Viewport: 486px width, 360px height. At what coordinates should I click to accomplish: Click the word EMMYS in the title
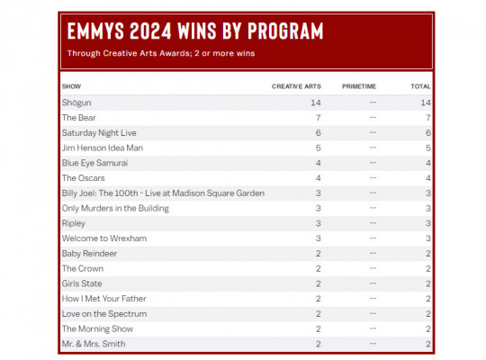(x=95, y=31)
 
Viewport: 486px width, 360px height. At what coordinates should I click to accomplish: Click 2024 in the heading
(x=150, y=31)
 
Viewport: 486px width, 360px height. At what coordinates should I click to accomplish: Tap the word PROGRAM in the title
(x=285, y=31)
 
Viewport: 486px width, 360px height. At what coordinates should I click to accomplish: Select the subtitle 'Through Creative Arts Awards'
(x=129, y=53)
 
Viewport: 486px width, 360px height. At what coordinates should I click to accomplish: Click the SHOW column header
(x=71, y=86)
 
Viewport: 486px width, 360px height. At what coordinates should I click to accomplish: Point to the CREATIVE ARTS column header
(x=296, y=86)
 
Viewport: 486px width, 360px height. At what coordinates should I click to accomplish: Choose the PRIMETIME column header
(x=359, y=86)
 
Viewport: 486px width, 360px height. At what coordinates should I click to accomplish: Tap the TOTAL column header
(x=420, y=86)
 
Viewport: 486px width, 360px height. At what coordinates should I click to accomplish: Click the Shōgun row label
(x=76, y=103)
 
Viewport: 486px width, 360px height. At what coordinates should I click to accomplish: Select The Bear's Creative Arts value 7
(x=318, y=118)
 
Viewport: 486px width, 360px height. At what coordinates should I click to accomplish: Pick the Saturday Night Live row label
(x=99, y=133)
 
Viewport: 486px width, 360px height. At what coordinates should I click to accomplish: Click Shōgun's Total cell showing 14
(x=426, y=103)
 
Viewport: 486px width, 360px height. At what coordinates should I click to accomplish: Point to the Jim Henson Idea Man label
(x=103, y=148)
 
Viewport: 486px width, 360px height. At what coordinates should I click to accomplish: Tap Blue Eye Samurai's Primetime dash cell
(x=373, y=163)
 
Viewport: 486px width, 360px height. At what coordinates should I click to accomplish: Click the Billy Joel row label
(x=163, y=193)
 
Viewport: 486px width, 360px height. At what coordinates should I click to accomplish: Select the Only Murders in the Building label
(x=115, y=209)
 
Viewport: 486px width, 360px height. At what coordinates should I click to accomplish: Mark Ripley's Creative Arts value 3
(x=318, y=223)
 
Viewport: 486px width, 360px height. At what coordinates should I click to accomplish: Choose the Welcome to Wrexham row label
(x=104, y=238)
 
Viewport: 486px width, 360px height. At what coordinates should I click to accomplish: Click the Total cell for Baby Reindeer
(x=428, y=254)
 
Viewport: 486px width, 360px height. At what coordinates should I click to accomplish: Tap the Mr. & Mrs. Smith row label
(x=94, y=344)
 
